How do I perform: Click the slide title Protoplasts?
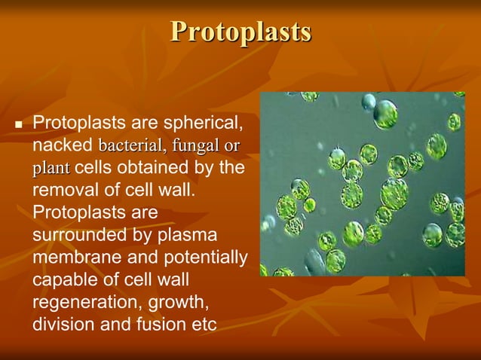(240, 32)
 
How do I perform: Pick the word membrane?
(72, 258)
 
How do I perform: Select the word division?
(62, 325)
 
